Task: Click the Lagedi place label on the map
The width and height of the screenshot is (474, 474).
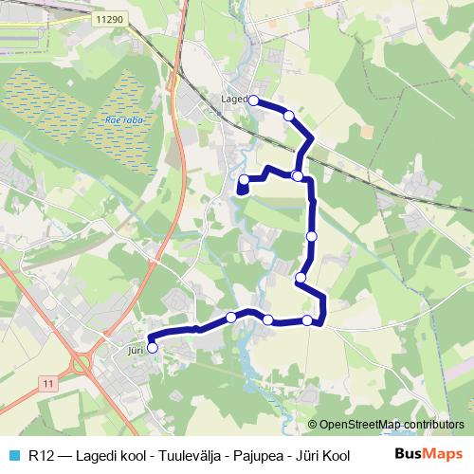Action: click(232, 98)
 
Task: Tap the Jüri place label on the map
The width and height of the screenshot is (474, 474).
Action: click(134, 348)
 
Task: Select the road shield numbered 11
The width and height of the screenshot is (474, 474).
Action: click(48, 381)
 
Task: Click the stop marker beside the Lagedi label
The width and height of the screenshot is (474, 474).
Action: click(253, 99)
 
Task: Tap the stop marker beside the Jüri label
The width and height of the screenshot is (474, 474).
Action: click(152, 348)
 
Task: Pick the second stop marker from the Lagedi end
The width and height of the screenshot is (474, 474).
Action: click(289, 115)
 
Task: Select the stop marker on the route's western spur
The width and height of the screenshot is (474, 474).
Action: click(244, 179)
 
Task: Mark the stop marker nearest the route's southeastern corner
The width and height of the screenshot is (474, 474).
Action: click(307, 320)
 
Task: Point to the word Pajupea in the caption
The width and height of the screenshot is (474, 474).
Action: click(251, 454)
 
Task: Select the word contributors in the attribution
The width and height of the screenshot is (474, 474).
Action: click(434, 424)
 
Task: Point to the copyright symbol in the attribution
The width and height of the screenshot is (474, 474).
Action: click(312, 424)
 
